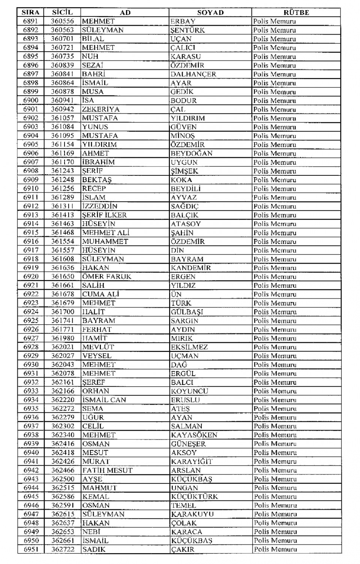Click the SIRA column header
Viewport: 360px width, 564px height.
[x=30, y=12]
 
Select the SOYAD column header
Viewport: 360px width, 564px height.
[x=210, y=12]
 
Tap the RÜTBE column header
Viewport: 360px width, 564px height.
[x=296, y=12]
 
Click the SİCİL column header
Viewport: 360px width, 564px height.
[x=62, y=12]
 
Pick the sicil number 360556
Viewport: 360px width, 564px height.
[x=62, y=21]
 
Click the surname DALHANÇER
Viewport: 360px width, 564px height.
[x=193, y=74]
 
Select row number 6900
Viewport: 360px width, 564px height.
[x=30, y=100]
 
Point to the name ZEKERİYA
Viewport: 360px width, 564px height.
[x=100, y=109]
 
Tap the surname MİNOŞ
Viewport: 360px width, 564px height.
[x=183, y=136]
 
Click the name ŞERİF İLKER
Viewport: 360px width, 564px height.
[x=104, y=215]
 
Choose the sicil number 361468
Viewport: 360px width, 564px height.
[x=63, y=233]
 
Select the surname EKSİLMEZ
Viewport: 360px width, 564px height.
[x=189, y=347]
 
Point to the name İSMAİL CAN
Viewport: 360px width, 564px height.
[x=104, y=400]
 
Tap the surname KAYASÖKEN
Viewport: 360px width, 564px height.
[x=194, y=435]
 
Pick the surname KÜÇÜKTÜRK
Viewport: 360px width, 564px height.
[x=195, y=497]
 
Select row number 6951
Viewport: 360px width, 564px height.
[x=31, y=549]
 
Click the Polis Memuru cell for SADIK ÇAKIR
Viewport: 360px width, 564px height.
[x=275, y=549]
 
